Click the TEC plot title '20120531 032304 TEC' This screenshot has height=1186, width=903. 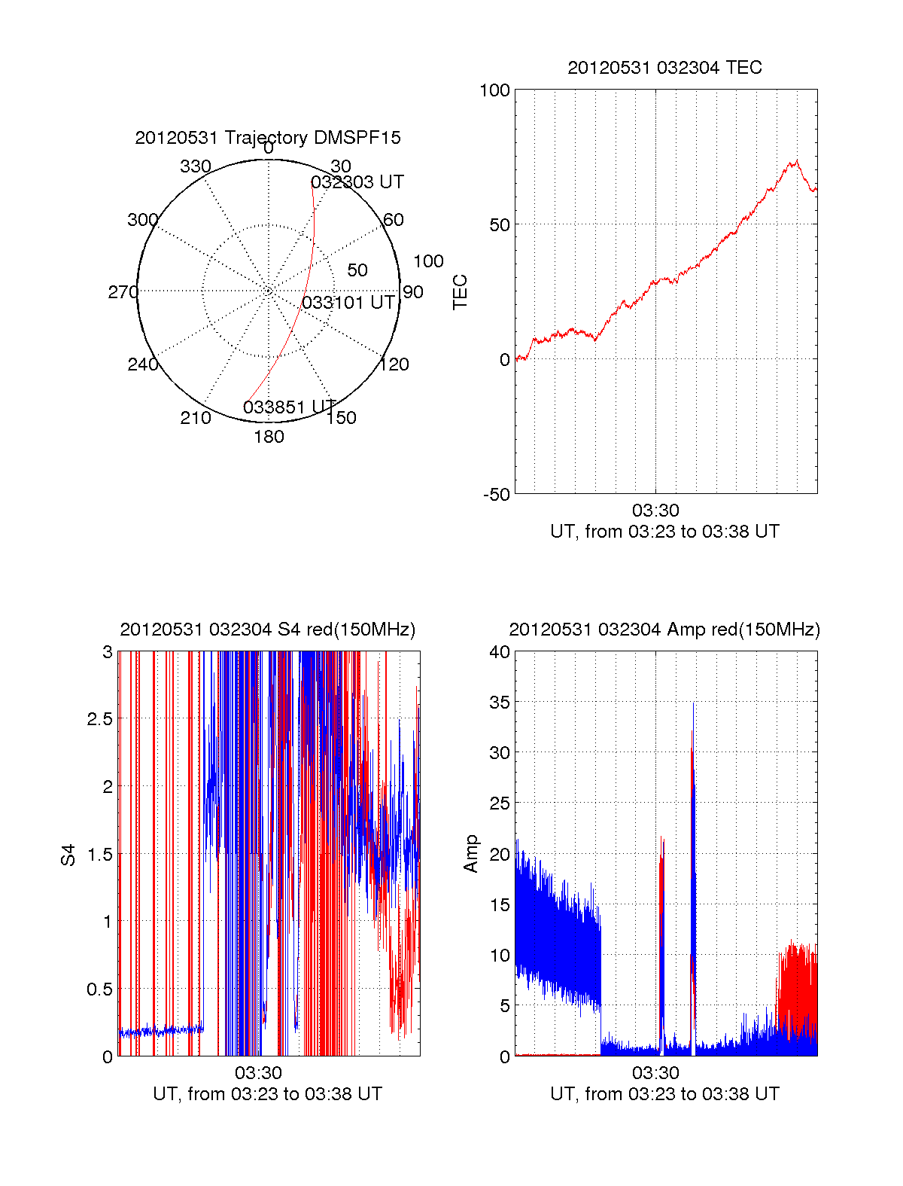coord(664,68)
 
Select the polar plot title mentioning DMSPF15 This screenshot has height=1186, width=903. coord(268,138)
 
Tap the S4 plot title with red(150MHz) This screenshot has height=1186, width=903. coord(268,630)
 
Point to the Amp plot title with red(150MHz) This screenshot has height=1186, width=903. coord(664,630)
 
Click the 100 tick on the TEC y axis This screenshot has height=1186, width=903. coord(494,90)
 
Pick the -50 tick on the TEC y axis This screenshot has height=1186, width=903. coord(497,495)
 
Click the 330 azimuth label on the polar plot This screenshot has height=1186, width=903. coord(196,166)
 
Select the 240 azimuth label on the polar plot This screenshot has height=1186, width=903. coord(143,364)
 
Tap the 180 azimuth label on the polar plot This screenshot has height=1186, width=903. coord(269,437)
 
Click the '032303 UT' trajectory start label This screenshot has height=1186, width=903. coord(357,182)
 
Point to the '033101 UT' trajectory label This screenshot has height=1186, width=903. coord(348,303)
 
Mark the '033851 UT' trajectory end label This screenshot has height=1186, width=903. coord(290,407)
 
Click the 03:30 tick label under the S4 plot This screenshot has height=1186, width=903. coord(258,1073)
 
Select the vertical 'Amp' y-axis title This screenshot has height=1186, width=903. coord(471,854)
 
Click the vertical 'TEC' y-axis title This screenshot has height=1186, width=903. coord(460,292)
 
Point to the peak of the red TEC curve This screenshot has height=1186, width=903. coord(794,160)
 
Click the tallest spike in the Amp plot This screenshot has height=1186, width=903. coord(693,704)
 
